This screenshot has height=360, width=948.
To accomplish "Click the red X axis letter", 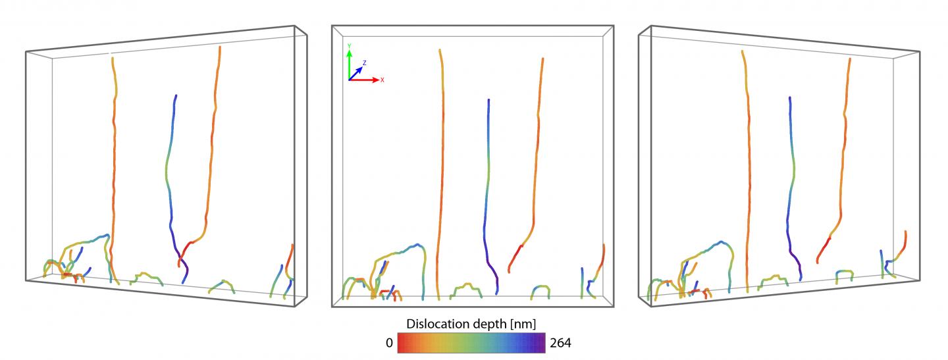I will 382,80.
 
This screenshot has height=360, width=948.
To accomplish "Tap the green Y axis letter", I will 349,45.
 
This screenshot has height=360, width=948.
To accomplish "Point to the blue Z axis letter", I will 364,62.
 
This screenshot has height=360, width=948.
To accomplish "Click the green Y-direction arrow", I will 349,63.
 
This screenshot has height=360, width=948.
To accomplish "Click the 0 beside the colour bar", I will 388,342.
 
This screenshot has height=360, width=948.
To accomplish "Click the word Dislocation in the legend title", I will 436,324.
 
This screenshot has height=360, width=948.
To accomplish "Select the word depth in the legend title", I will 488,324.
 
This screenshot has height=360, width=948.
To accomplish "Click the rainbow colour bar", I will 471,343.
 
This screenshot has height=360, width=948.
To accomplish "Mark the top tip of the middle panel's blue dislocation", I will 488,100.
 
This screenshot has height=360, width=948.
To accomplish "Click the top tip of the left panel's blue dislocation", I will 176,96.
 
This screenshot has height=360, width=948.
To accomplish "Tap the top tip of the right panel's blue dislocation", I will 789,97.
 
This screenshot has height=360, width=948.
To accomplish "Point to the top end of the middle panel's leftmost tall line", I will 438,49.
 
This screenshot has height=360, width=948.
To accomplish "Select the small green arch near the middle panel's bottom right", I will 540,288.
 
